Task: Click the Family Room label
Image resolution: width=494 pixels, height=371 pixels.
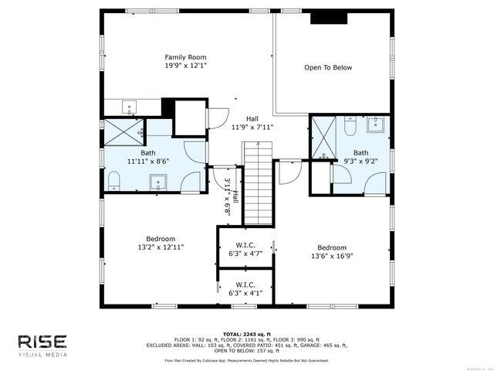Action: point(185,57)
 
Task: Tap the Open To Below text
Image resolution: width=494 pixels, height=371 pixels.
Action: point(327,68)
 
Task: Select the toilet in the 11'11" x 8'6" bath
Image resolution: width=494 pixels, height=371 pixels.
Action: point(113,182)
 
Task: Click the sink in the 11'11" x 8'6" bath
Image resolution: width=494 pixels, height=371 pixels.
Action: point(159,183)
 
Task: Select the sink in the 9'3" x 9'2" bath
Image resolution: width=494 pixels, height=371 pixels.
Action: point(377,124)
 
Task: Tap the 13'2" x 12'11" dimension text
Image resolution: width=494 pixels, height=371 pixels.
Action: point(161,247)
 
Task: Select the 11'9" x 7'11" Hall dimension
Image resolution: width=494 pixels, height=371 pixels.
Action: point(252,128)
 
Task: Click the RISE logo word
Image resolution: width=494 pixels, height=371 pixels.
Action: point(42,342)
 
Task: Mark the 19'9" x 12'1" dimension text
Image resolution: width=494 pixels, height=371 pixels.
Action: point(185,66)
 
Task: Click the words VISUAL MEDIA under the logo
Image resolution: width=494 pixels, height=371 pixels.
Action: point(42,355)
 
